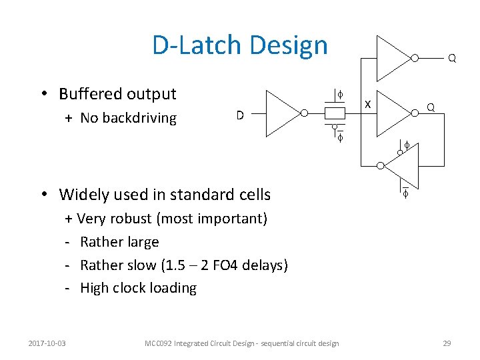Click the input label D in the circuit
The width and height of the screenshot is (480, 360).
[x=240, y=115]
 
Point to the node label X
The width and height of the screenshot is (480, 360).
[x=367, y=103]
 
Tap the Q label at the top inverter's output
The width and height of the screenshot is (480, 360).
[x=452, y=58]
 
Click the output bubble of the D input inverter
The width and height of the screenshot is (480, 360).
[x=304, y=113]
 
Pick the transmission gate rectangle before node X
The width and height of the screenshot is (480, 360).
[x=334, y=113]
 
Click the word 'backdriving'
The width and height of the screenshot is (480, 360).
[x=139, y=118]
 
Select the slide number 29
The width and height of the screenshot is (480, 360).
[x=447, y=343]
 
